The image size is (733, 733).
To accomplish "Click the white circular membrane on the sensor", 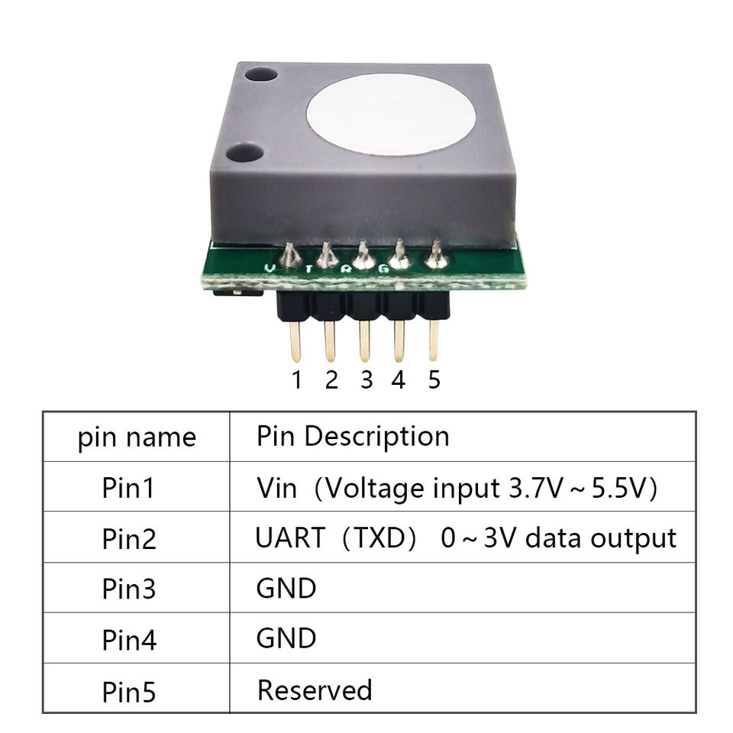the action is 391,115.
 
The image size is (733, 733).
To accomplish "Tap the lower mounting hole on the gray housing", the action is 245,153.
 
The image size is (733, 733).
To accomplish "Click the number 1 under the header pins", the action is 297,379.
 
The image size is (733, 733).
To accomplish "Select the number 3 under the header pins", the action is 366,379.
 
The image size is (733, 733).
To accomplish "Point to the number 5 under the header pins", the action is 434,379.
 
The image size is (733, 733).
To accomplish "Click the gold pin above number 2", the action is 330,341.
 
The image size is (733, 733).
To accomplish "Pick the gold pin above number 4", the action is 399,341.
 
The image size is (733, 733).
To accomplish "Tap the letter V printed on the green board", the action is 270,268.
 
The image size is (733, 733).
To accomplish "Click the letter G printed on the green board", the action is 383,269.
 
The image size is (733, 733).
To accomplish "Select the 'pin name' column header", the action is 137,438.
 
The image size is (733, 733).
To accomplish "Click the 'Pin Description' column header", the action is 353,437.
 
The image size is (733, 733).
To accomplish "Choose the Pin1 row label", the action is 128,488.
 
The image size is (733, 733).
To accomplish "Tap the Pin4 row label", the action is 129,640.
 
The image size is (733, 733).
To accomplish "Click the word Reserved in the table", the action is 315,690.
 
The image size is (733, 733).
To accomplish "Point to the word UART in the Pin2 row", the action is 290,538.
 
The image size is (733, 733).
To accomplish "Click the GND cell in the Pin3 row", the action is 286,588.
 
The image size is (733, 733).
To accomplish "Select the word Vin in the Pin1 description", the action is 276,488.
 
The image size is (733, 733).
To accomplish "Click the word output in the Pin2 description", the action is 634,538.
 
